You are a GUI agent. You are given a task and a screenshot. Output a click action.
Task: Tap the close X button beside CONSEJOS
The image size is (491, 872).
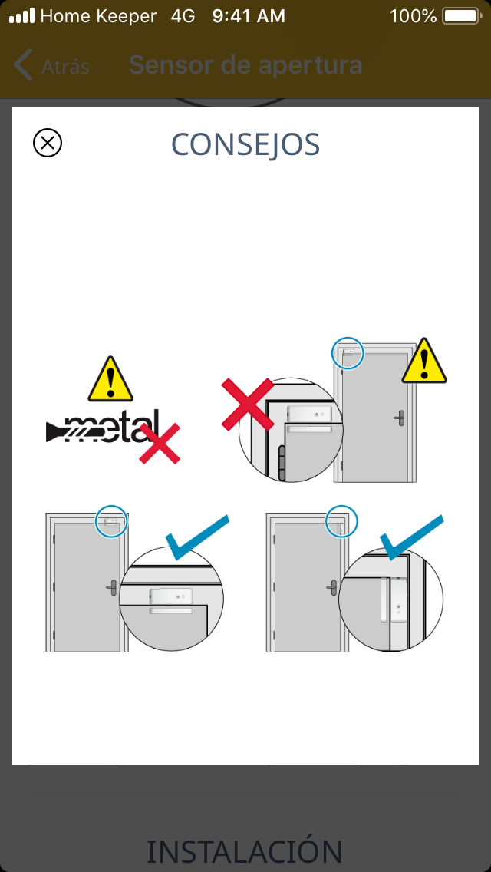48,143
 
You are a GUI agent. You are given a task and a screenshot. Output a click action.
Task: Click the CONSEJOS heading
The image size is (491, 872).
245,144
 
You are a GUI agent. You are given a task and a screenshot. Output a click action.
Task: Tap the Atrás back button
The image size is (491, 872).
51,65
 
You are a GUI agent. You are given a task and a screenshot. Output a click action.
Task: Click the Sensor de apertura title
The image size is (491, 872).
245,65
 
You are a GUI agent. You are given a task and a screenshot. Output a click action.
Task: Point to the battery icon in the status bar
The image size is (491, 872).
462,16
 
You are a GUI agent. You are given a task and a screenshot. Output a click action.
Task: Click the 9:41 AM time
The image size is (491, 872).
249,16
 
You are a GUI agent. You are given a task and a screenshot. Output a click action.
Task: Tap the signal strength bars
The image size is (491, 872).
21,16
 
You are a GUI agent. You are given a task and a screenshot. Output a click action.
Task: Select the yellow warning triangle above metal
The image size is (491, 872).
110,379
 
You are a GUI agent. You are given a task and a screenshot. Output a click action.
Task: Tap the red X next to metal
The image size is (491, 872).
160,443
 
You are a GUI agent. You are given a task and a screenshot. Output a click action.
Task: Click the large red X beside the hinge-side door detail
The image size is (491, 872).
248,405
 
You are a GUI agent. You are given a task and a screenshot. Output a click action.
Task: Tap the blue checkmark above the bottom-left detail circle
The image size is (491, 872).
197,537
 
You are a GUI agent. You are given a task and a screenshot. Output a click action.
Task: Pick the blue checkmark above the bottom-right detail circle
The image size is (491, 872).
411,537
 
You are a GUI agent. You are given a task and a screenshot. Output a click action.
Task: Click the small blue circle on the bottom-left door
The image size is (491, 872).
111,522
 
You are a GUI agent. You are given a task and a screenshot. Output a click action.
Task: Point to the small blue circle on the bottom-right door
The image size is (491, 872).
341,522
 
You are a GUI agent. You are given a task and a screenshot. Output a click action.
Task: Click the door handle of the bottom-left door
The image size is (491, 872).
111,586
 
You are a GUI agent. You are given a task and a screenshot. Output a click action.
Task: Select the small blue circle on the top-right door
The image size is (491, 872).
347,352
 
